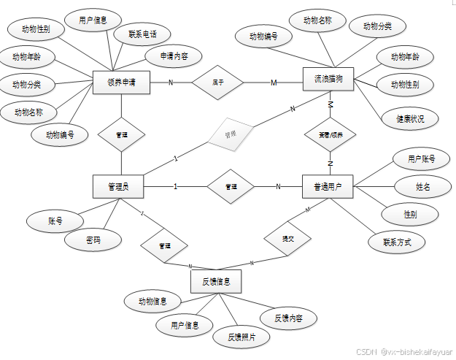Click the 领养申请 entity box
[122, 83]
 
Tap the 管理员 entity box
[117, 187]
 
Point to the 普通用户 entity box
[328, 187]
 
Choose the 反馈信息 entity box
[216, 281]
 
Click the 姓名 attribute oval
[423, 187]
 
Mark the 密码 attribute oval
[93, 240]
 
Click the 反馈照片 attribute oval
[240, 337]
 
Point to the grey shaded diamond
[230, 135]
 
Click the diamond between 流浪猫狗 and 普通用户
[330, 136]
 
